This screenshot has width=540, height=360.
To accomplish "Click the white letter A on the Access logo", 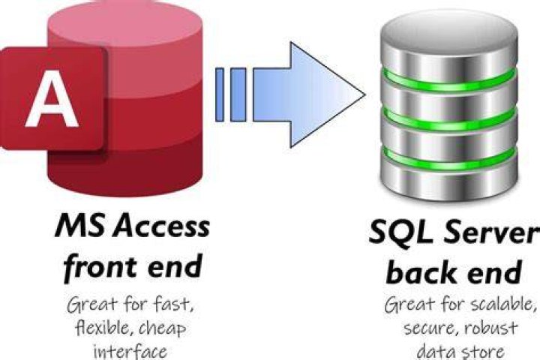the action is [x=52, y=98].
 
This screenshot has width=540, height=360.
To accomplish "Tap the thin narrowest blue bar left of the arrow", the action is [x=220, y=94].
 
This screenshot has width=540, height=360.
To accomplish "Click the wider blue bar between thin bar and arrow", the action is [x=238, y=94].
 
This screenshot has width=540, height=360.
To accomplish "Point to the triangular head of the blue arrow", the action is [x=327, y=94].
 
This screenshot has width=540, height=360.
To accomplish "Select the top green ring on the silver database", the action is [x=448, y=80].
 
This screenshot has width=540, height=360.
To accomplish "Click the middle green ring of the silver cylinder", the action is [x=448, y=118].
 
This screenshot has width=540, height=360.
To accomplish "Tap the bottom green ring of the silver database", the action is [x=448, y=159].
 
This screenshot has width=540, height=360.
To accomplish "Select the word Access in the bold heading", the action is [x=162, y=226].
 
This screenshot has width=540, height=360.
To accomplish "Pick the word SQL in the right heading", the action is [x=400, y=232].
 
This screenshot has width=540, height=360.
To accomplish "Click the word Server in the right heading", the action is [x=489, y=232].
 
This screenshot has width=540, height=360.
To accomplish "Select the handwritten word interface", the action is [x=130, y=352].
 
